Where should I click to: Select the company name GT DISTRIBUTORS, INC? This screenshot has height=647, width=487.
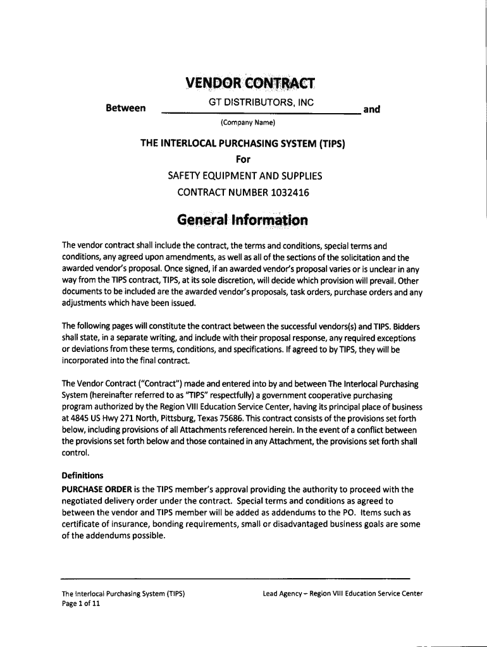click(261, 102)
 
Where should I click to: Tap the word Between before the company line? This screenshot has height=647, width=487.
click(126, 109)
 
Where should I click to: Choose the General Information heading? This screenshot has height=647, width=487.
click(243, 221)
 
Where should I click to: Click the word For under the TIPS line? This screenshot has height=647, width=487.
click(243, 159)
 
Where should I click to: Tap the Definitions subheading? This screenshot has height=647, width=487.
click(82, 475)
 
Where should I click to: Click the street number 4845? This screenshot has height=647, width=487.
click(82, 418)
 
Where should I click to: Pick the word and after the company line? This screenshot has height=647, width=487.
click(371, 109)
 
